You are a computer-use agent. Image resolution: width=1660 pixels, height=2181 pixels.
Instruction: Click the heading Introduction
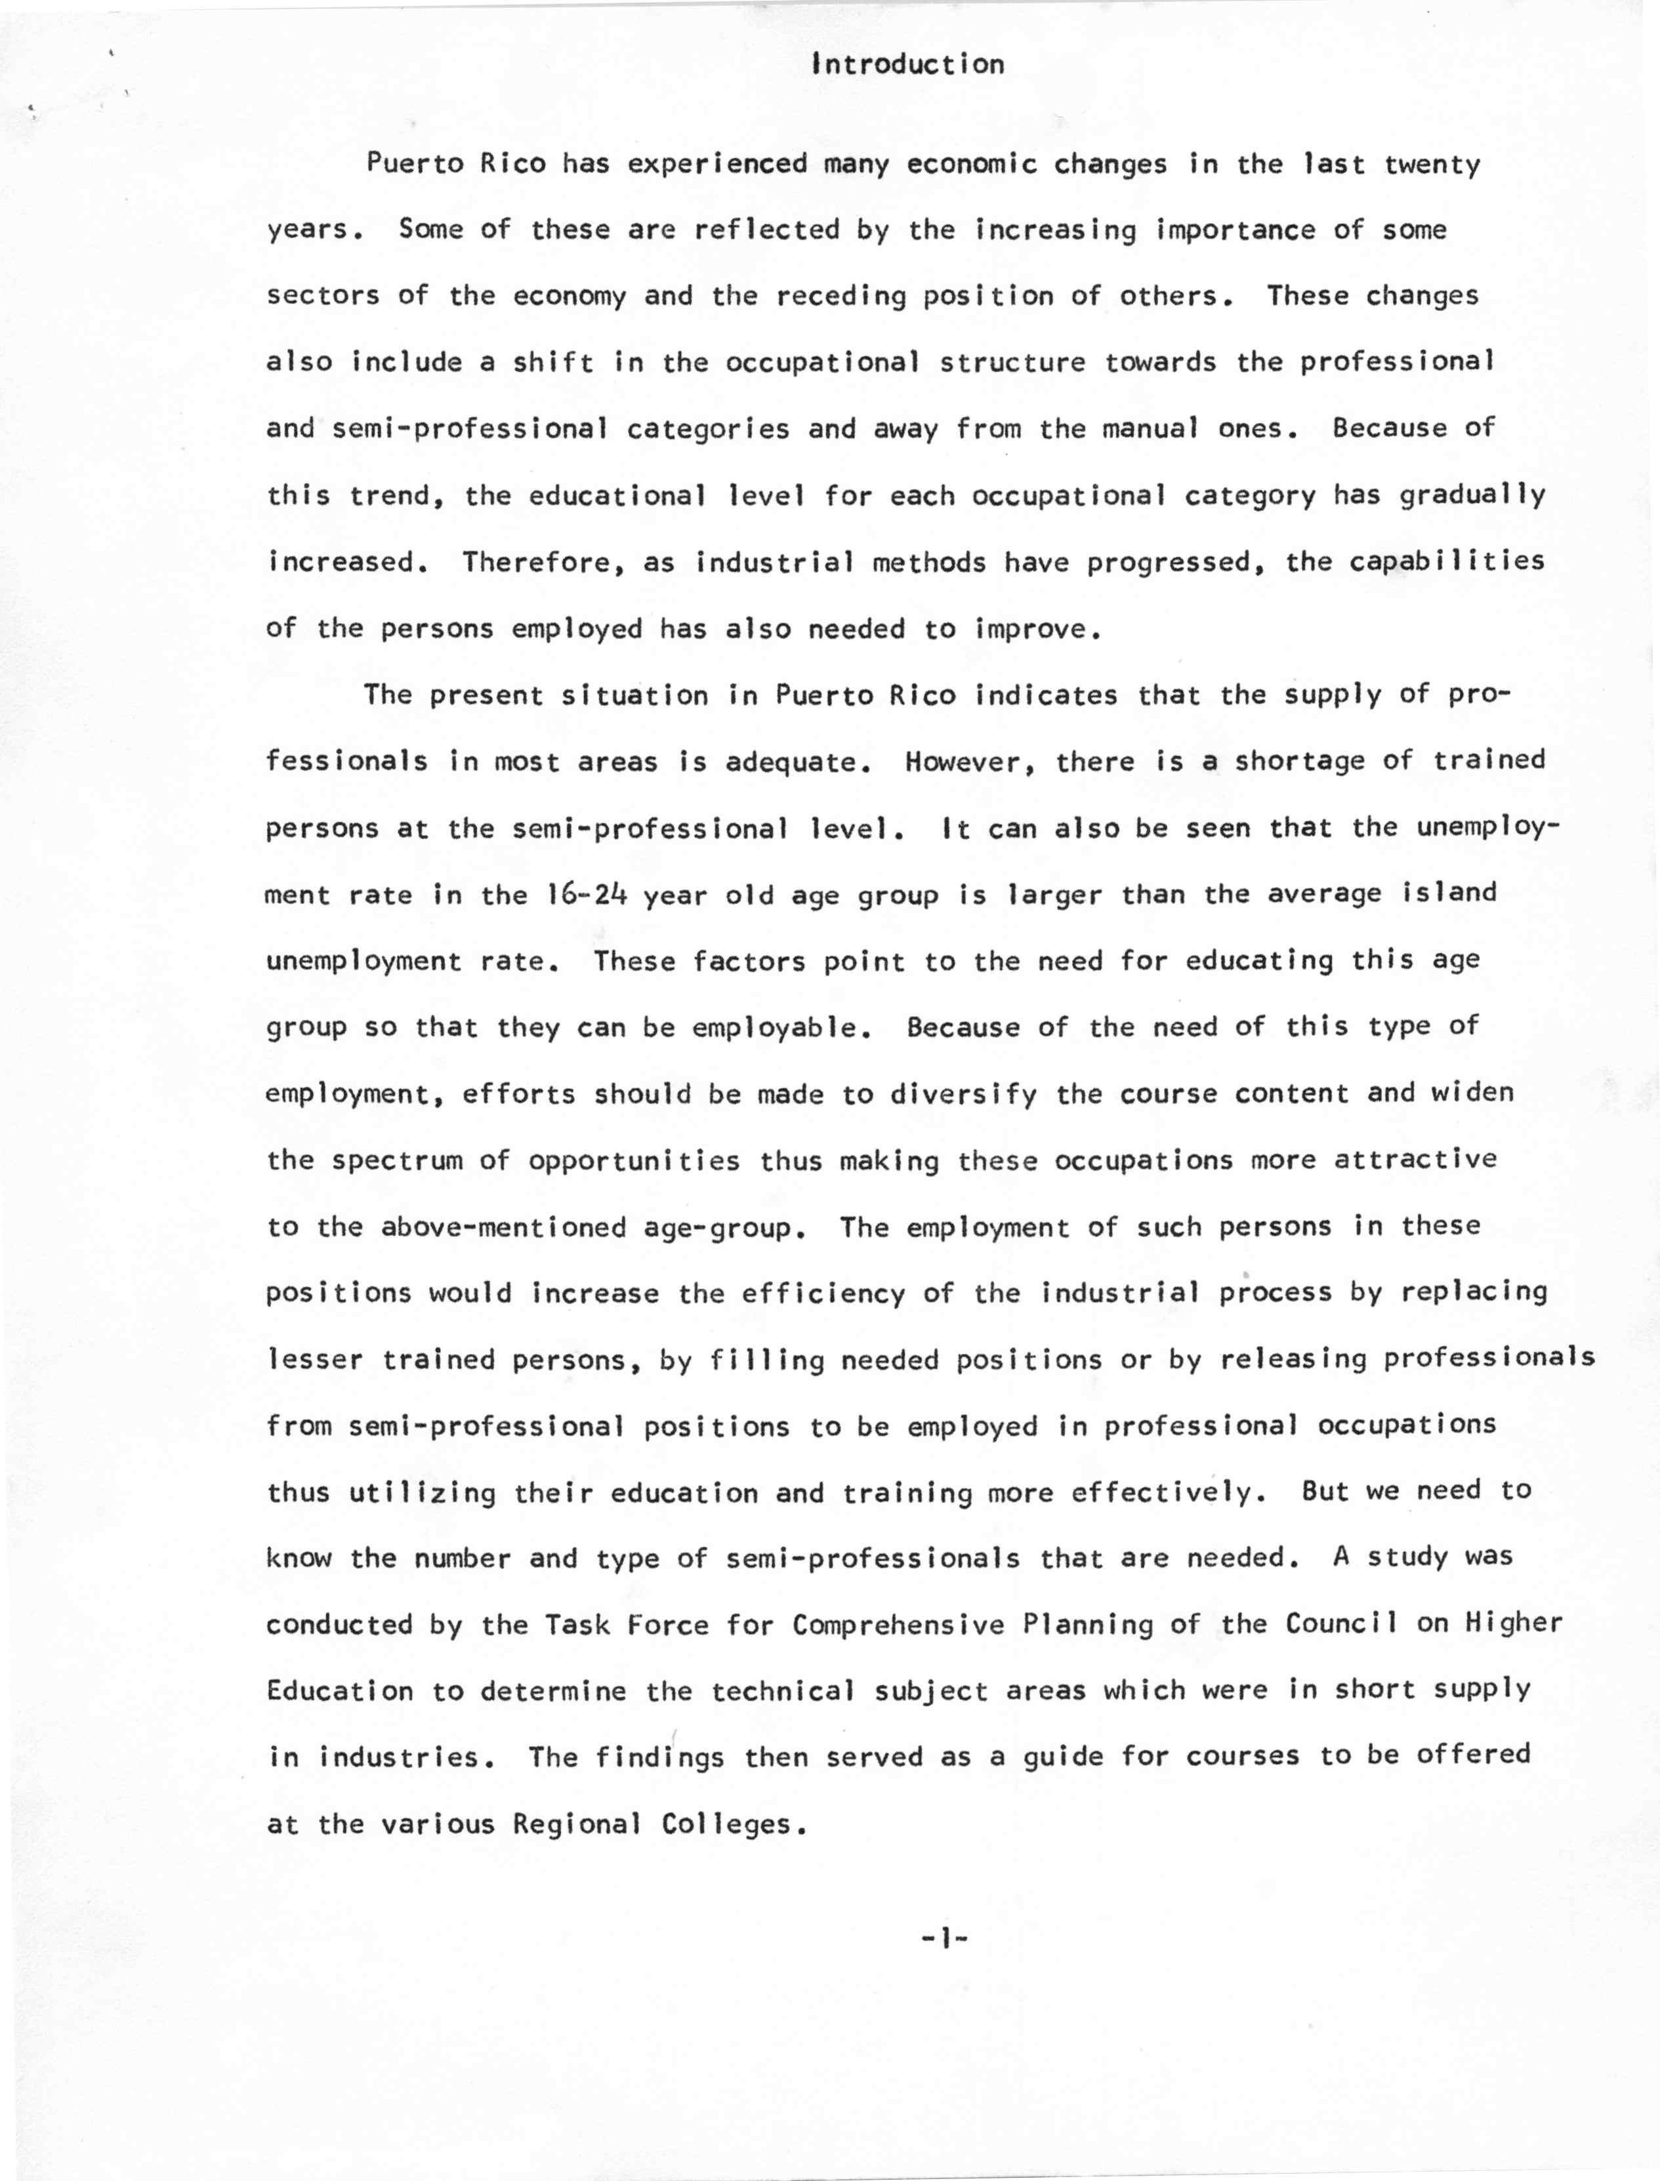click(907, 65)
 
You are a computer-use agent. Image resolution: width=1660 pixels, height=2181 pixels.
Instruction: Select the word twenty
click(1432, 164)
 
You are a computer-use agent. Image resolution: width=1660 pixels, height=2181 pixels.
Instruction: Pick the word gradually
click(1472, 495)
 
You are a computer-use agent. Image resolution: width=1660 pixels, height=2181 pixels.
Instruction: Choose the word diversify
click(963, 1095)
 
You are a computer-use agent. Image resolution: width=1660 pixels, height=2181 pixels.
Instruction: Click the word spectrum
click(397, 1160)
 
